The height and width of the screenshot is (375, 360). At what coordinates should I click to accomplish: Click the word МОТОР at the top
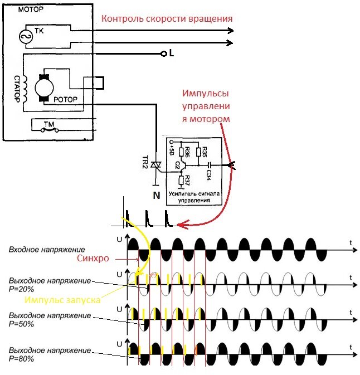click(x=31, y=9)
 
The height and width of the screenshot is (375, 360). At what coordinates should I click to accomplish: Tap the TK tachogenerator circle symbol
click(x=26, y=37)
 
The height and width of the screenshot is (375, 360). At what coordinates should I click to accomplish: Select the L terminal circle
click(x=164, y=54)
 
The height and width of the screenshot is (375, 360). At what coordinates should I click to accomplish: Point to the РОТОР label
click(x=65, y=99)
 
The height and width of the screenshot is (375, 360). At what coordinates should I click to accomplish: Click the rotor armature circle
click(x=44, y=88)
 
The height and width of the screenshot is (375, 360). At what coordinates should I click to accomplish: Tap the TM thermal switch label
click(x=49, y=124)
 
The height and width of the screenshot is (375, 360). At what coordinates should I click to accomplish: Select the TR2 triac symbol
click(x=155, y=165)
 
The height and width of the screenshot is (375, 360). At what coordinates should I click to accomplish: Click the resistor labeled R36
click(x=181, y=152)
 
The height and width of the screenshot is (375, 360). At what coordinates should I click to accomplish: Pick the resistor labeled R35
click(x=198, y=152)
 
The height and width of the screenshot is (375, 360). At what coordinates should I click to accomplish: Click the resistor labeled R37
click(x=181, y=181)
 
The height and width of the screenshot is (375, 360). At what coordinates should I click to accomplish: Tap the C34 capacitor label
click(x=208, y=175)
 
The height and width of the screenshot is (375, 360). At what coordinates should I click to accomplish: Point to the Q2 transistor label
click(x=177, y=165)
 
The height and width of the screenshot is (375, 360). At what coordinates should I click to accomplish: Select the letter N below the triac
click(x=157, y=196)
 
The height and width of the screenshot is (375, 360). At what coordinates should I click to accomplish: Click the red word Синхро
click(x=93, y=259)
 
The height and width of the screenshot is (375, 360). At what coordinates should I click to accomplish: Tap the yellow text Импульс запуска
click(x=62, y=300)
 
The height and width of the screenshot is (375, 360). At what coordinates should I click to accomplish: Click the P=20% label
click(x=21, y=289)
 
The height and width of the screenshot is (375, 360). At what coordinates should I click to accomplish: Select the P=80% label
click(x=21, y=359)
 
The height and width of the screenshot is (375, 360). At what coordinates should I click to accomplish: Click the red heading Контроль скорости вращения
click(x=167, y=19)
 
